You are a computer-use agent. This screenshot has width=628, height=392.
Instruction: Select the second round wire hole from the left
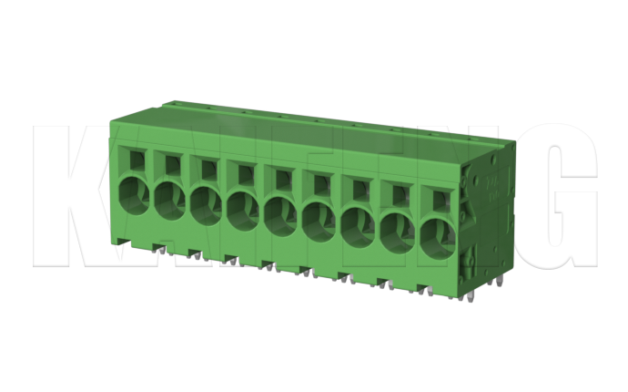(x=169, y=201)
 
